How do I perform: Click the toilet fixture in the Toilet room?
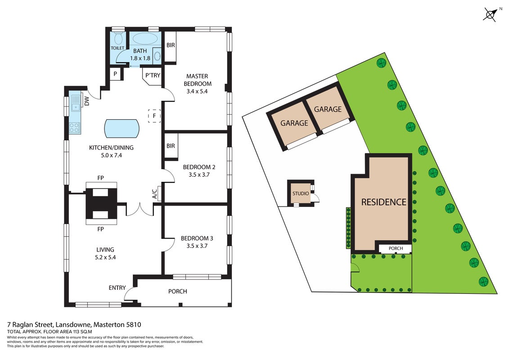pos(118,38)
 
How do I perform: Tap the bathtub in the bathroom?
pos(145,39)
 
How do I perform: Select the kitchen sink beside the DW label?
pos(76,103)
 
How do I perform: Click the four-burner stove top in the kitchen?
pos(75,127)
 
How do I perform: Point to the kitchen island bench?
pos(122,128)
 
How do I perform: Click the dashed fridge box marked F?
pos(154,116)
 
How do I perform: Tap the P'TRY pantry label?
pos(153,75)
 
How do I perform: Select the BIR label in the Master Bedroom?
pos(171,45)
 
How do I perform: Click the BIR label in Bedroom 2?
pos(171,146)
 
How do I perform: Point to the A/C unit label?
pos(155,194)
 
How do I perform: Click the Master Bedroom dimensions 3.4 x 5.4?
pos(197,91)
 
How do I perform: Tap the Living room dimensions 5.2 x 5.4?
pos(105,257)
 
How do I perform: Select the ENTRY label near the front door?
pos(117,288)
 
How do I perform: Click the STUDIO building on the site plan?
pos(301,193)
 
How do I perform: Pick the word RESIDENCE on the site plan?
pos(384,202)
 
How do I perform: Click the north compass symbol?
pos(490,14)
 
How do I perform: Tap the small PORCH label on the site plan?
pos(396,248)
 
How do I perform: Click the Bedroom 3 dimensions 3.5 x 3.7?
pos(197,246)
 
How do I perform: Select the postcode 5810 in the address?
pos(134,324)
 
